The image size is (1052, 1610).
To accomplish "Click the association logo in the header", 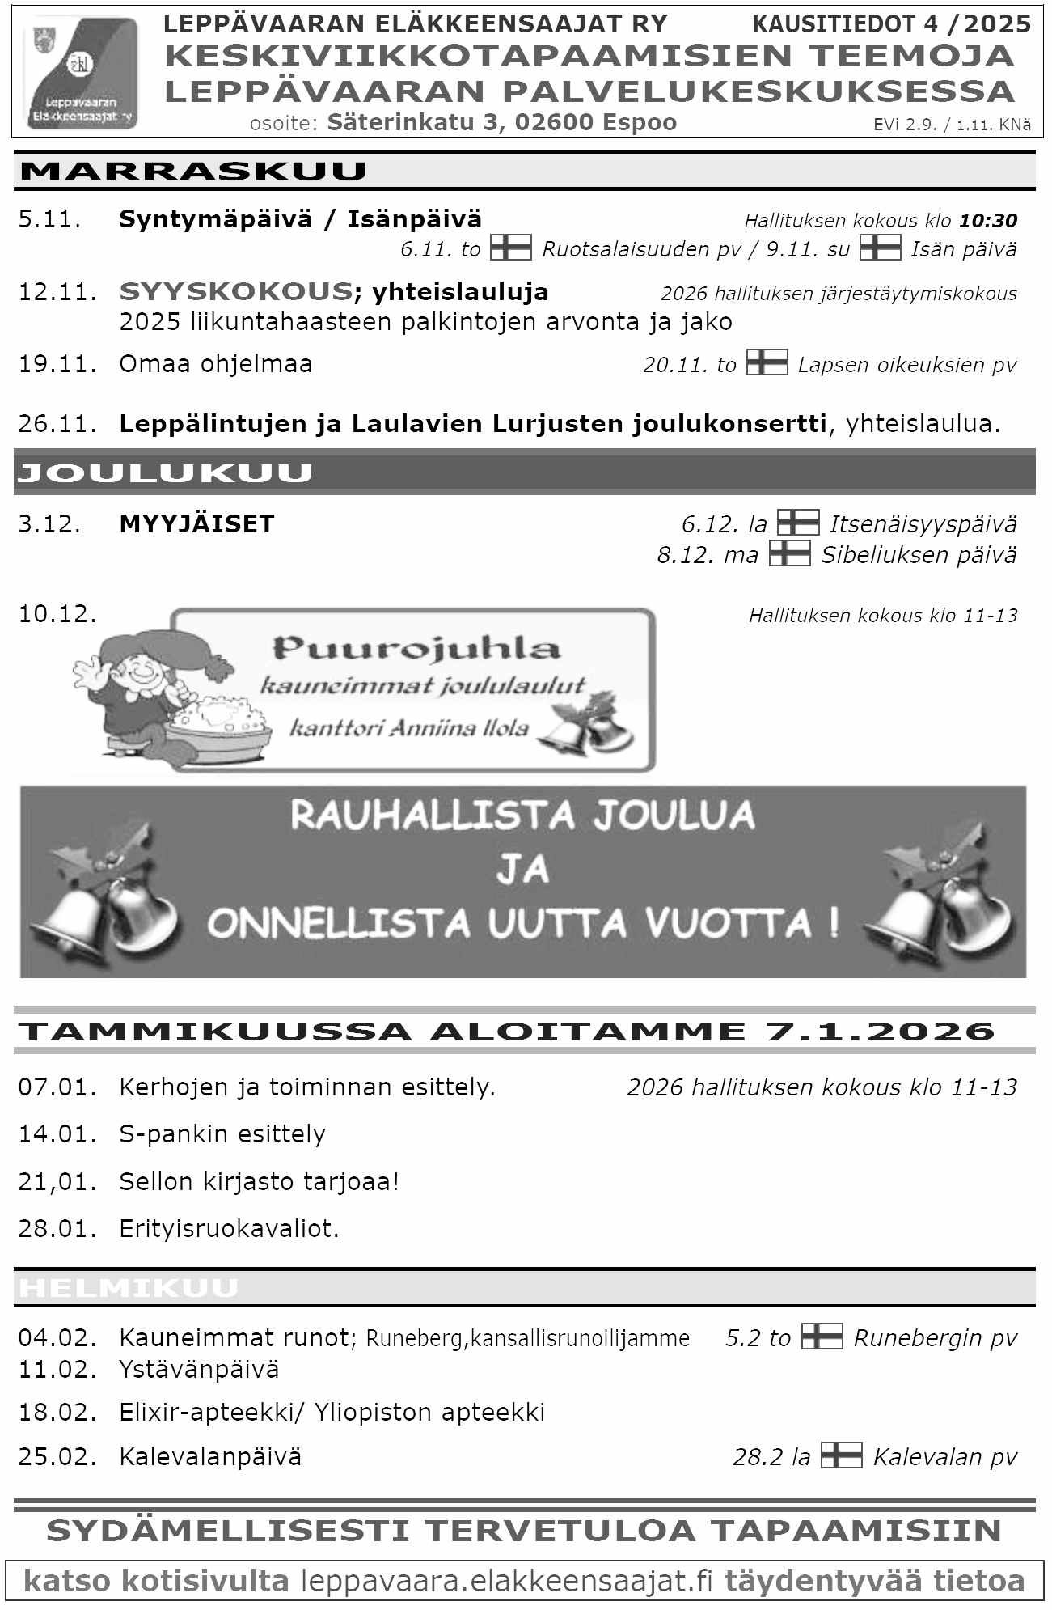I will [81, 73].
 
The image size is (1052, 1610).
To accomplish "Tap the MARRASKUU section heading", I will [193, 172].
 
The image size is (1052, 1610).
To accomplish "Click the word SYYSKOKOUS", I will [235, 291].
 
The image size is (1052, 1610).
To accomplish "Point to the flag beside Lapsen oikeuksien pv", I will [766, 362].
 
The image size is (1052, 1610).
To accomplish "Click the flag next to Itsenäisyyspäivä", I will [797, 523].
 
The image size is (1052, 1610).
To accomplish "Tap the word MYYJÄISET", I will [196, 524].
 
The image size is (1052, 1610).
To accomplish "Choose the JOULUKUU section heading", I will [165, 473].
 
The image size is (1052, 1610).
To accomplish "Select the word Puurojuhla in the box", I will [416, 648].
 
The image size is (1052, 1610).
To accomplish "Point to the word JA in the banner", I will [522, 869].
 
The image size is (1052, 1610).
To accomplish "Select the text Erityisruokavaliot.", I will [229, 1229].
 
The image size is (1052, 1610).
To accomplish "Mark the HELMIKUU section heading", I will [129, 1288].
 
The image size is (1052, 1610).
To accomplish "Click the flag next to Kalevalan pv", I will [841, 1455].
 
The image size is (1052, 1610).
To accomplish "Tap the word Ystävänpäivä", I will [199, 1370].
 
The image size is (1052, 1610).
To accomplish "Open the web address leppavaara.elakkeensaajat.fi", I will [507, 1581].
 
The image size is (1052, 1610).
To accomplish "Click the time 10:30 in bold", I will [987, 220].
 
